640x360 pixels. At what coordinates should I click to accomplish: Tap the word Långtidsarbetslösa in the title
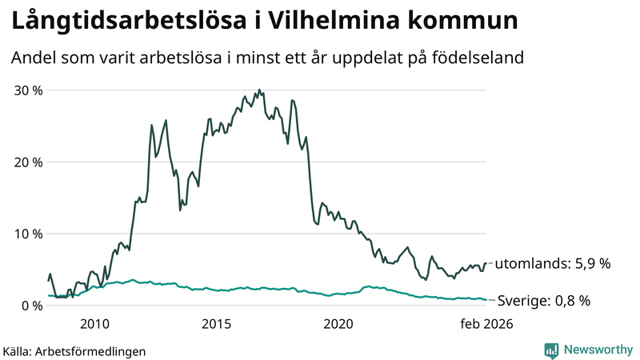(124, 21)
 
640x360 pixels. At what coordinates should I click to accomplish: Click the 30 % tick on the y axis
(27, 90)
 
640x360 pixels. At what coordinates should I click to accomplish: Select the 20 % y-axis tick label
(27, 162)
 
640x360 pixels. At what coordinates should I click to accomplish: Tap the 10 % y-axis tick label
(27, 234)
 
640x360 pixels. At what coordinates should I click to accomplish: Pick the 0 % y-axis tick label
(30, 306)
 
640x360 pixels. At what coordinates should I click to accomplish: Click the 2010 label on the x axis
(94, 324)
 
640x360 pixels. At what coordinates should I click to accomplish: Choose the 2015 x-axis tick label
(216, 324)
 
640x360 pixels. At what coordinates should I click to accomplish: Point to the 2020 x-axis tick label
(338, 324)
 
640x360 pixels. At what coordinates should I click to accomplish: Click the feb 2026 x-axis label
(485, 324)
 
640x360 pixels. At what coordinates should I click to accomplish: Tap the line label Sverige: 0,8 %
(544, 301)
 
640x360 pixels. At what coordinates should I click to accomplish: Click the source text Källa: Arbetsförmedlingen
(74, 351)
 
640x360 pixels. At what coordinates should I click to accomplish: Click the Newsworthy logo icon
(551, 350)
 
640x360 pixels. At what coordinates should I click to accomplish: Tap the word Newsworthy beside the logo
(598, 350)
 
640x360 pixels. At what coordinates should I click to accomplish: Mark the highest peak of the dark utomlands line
(258, 90)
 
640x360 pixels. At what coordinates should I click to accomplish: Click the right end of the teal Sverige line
(486, 300)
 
